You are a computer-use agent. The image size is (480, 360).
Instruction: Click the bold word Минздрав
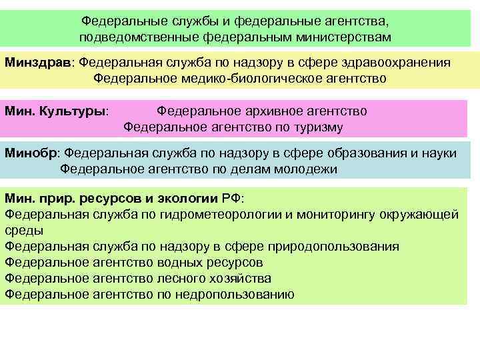[41, 63]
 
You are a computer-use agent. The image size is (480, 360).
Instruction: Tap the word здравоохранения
[395, 63]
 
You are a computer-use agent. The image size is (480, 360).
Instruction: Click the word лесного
[181, 279]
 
